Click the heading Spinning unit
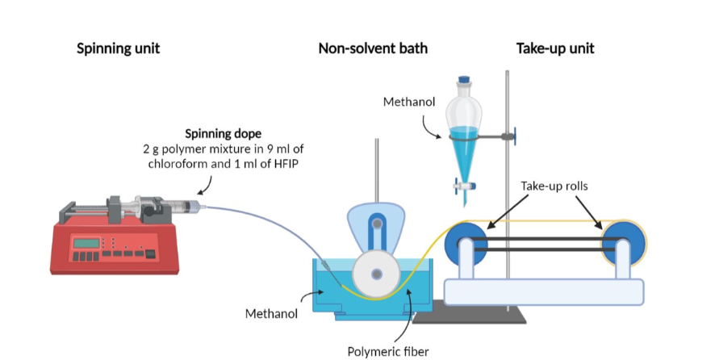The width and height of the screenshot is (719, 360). pyautogui.click(x=118, y=48)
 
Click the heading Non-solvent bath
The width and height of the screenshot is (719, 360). pyautogui.click(x=373, y=48)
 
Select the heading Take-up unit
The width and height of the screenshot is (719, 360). pyautogui.click(x=554, y=48)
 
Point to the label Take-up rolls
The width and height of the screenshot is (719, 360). pyautogui.click(x=554, y=186)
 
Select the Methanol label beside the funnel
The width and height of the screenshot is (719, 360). pyautogui.click(x=409, y=102)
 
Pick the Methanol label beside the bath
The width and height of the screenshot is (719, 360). pyautogui.click(x=271, y=312)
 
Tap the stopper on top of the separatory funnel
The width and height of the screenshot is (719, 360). pyautogui.click(x=464, y=82)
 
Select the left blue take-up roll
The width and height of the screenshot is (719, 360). pyautogui.click(x=467, y=241)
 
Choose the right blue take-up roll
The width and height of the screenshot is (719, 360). pyautogui.click(x=624, y=241)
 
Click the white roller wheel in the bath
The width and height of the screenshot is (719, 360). pyautogui.click(x=376, y=274)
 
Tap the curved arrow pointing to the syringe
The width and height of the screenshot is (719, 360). pyautogui.click(x=204, y=186)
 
